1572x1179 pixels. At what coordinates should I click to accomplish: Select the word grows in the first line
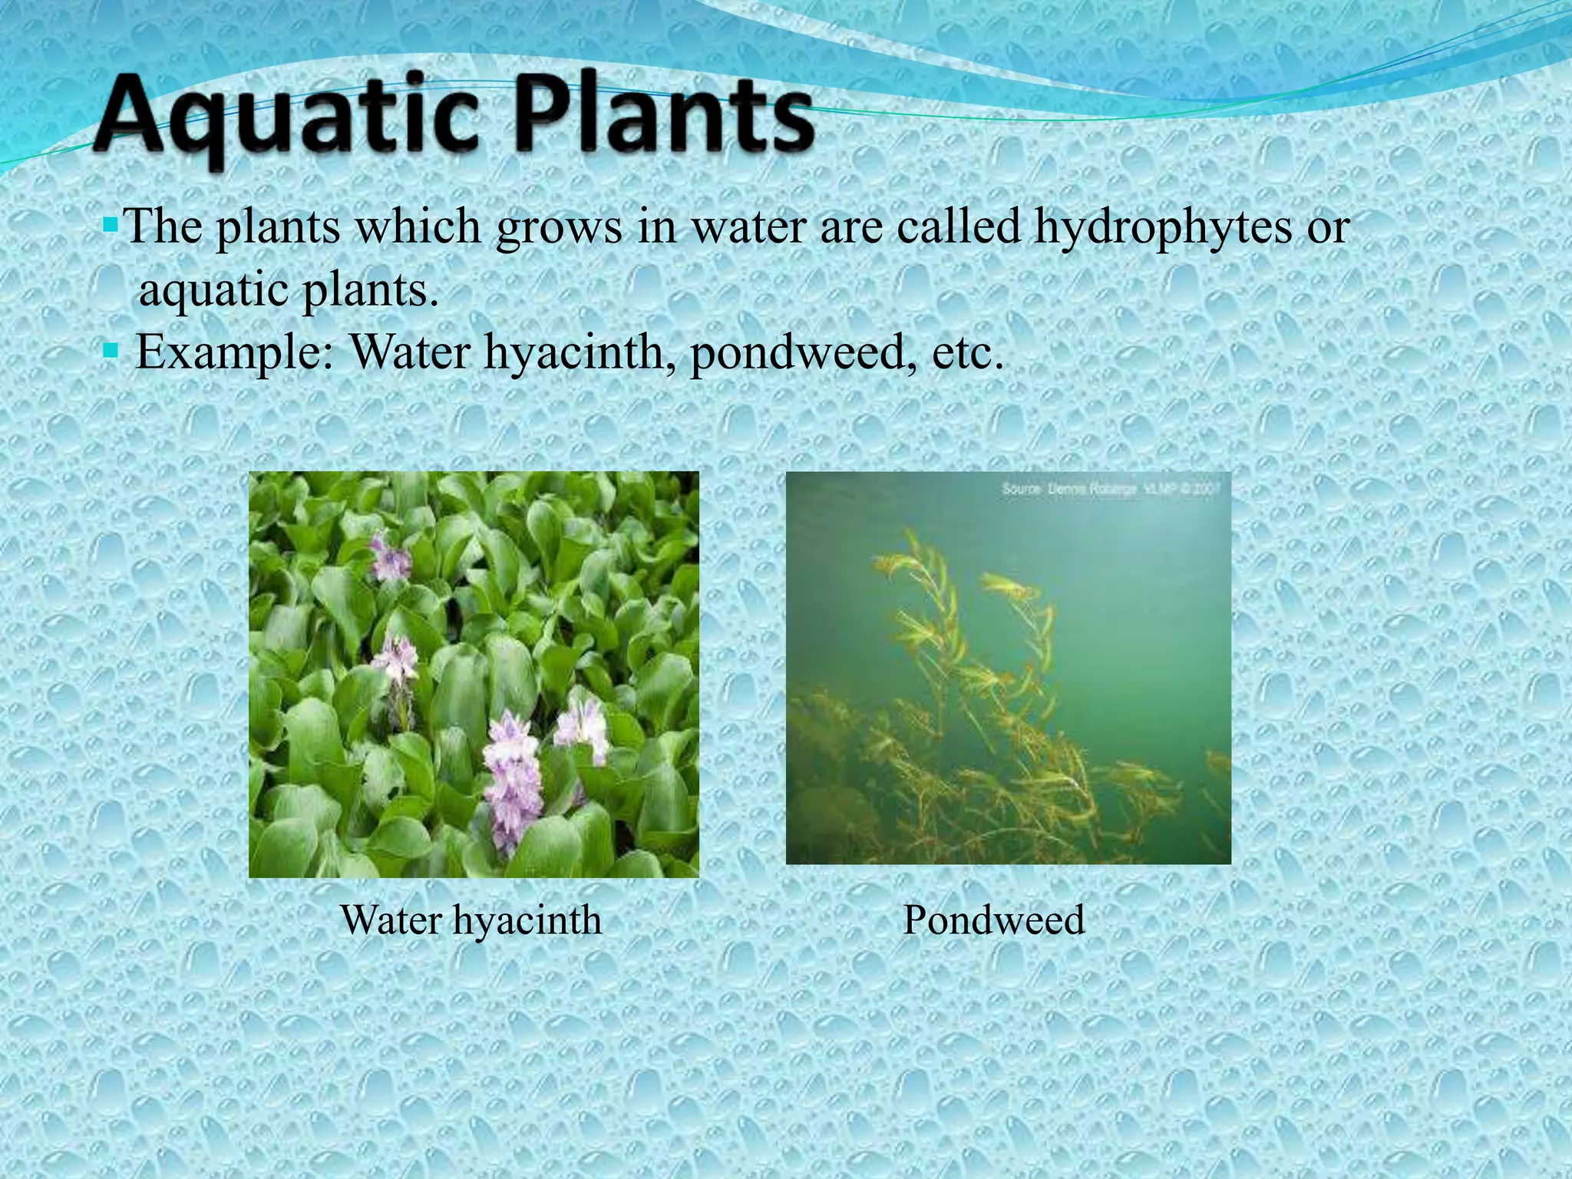559,229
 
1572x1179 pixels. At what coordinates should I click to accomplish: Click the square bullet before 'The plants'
110,226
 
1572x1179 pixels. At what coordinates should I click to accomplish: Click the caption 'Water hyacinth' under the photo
471,920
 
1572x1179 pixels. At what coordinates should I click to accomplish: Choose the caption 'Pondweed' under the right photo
993,920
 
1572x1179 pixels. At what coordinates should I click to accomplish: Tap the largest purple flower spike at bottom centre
510,775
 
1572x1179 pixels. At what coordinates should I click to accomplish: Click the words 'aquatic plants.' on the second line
289,290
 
